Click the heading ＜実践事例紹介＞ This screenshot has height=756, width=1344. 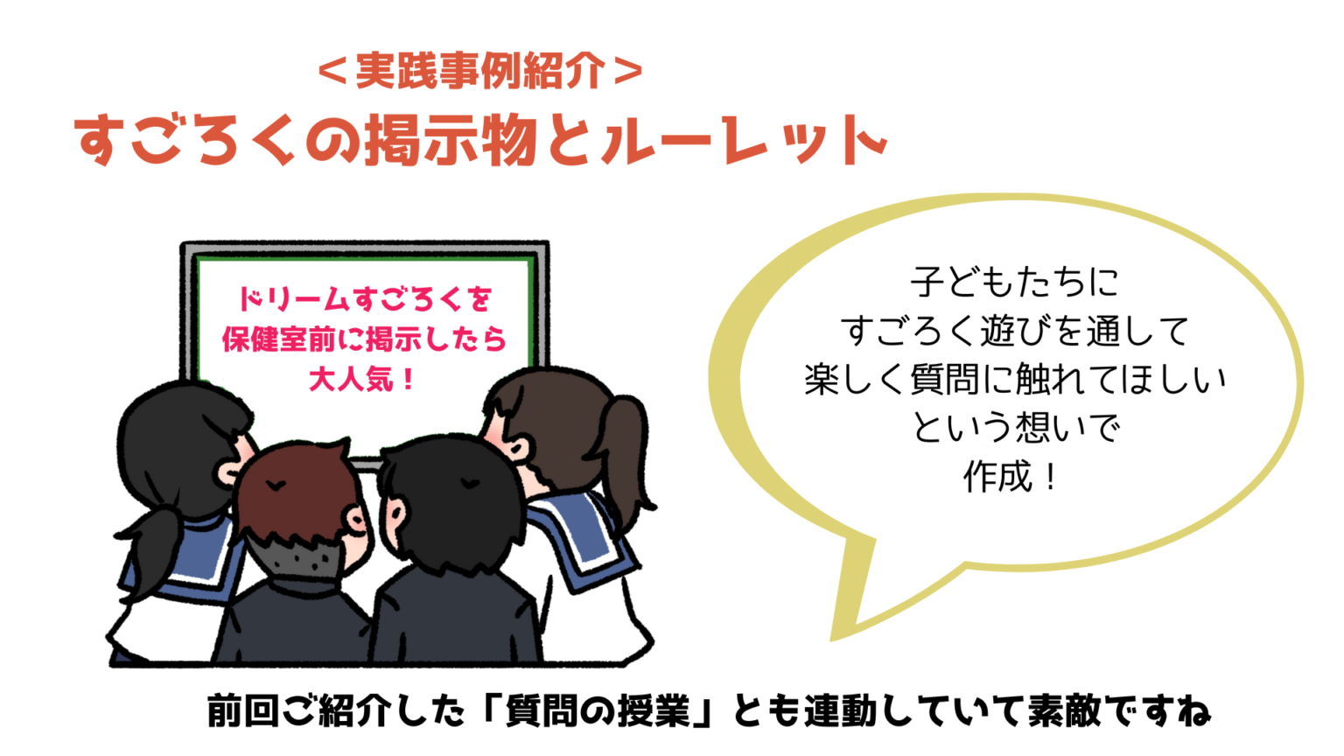pyautogui.click(x=480, y=71)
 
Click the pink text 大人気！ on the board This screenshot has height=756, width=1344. pyautogui.click(x=361, y=379)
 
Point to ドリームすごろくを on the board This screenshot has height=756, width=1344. pyautogui.click(x=365, y=298)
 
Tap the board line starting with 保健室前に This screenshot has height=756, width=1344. pyautogui.click(x=364, y=339)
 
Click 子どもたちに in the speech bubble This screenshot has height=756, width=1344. pyautogui.click(x=1015, y=282)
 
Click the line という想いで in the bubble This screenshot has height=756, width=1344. pyautogui.click(x=1016, y=427)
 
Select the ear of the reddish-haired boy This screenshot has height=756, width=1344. pyautogui.click(x=356, y=521)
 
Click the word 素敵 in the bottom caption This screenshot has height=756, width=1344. pyautogui.click(x=1064, y=710)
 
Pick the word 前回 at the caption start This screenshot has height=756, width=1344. pyautogui.click(x=243, y=710)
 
